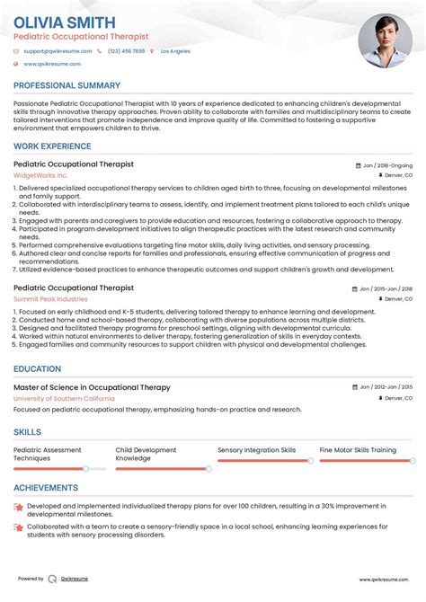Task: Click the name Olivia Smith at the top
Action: pyautogui.click(x=64, y=22)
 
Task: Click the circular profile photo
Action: pyautogui.click(x=385, y=41)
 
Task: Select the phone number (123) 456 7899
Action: pyautogui.click(x=126, y=51)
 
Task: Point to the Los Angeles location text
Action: pyautogui.click(x=175, y=51)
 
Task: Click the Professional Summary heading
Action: pyautogui.click(x=67, y=85)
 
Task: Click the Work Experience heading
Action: pyautogui.click(x=53, y=146)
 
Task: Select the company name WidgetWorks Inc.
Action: pyautogui.click(x=40, y=175)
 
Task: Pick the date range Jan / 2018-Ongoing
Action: pyautogui.click(x=386, y=165)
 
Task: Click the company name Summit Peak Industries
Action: pyautogui.click(x=50, y=298)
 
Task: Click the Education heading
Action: pyautogui.click(x=38, y=368)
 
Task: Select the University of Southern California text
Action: pyautogui.click(x=64, y=398)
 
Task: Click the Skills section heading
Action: pyautogui.click(x=27, y=432)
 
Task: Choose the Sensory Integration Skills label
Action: pyautogui.click(x=256, y=449)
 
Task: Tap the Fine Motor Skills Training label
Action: pyautogui.click(x=358, y=449)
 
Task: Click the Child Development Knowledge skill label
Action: pyautogui.click(x=146, y=454)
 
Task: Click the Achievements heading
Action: pyautogui.click(x=46, y=488)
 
